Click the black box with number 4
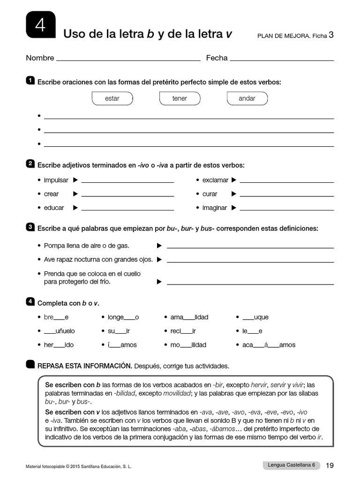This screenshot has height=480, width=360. click(41, 25)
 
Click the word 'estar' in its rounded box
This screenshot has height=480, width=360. click(112, 98)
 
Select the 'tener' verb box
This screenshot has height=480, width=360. click(180, 98)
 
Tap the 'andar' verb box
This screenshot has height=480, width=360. click(247, 98)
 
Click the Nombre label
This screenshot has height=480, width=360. click(40, 58)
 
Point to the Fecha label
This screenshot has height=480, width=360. click(217, 58)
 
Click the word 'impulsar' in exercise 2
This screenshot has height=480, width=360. click(56, 180)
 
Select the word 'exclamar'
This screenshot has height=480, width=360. click(215, 180)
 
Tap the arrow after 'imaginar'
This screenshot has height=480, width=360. click(234, 208)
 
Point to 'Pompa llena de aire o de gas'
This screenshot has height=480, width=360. click(87, 246)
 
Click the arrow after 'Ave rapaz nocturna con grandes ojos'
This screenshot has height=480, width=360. click(159, 259)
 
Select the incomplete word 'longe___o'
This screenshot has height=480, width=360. click(123, 317)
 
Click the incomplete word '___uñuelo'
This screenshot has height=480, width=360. click(59, 331)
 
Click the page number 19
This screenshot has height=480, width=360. click(330, 465)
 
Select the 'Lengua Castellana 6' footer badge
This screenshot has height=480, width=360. click(291, 465)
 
